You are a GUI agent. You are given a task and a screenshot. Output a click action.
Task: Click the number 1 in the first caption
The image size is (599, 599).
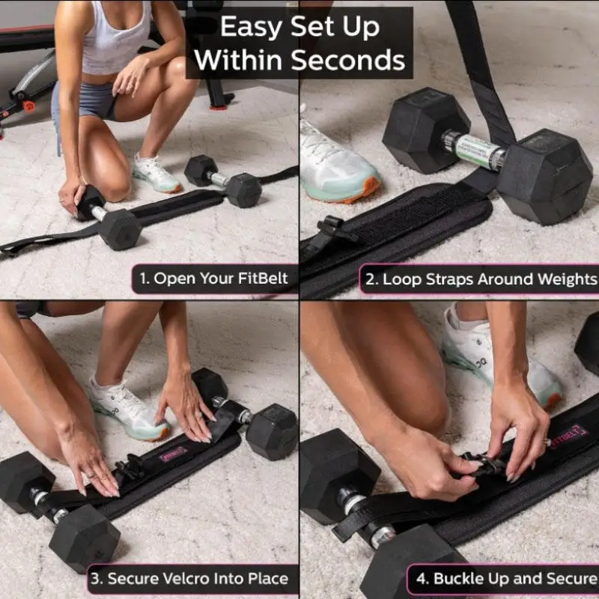[142, 279]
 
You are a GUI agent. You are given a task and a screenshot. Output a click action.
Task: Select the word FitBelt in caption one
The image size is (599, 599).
[262, 279]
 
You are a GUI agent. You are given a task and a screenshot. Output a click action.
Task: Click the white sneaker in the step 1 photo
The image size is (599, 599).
[157, 174]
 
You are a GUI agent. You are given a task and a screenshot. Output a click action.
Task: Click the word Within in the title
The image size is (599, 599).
[240, 59]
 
